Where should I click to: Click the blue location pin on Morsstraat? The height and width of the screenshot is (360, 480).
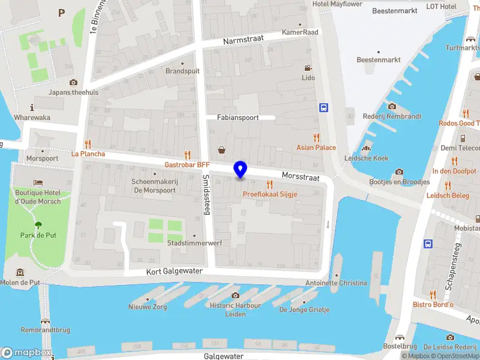click(241, 170)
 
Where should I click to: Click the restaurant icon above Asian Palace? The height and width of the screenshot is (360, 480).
click(316, 137)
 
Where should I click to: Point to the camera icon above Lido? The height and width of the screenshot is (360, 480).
click(308, 68)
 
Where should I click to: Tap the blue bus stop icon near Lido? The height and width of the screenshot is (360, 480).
click(324, 107)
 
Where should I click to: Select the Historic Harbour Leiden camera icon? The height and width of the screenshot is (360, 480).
click(235, 295)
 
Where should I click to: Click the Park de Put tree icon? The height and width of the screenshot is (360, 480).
click(38, 225)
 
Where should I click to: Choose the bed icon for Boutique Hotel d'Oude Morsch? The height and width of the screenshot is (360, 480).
click(38, 182)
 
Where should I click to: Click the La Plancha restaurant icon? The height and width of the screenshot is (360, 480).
click(88, 143)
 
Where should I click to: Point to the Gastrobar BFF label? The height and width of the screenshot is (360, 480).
click(187, 164)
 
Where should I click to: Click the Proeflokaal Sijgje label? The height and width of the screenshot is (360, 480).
click(270, 194)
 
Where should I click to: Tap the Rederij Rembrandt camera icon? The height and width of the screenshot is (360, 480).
click(391, 106)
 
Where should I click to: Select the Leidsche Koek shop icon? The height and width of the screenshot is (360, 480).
click(366, 148)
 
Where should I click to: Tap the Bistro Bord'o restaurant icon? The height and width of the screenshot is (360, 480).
click(433, 294)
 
